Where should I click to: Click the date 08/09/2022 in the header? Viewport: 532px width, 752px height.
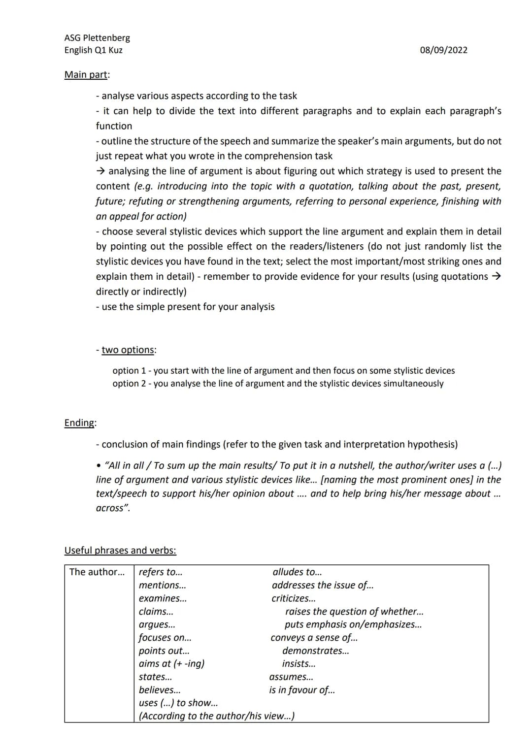443,50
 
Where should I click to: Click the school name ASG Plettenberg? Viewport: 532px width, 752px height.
97,38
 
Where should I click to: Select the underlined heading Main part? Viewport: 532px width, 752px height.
86,75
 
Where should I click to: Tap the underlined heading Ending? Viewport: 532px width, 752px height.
80,423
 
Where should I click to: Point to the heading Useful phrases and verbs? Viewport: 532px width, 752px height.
120,551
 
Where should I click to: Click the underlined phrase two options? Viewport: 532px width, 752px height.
128,350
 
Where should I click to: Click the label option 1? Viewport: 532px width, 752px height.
129,371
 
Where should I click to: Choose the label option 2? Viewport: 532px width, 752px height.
129,384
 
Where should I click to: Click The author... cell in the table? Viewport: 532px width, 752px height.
97,572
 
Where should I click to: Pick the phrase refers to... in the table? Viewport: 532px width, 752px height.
161,572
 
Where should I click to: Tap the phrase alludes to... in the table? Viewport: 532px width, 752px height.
297,572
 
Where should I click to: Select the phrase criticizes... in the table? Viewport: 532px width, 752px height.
294,599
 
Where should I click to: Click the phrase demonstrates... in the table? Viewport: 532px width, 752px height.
315,651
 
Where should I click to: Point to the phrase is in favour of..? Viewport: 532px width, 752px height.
301,690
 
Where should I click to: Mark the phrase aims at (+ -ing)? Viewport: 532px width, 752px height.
171,664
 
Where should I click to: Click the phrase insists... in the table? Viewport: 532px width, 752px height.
299,664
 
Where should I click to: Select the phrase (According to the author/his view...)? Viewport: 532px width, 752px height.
217,717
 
